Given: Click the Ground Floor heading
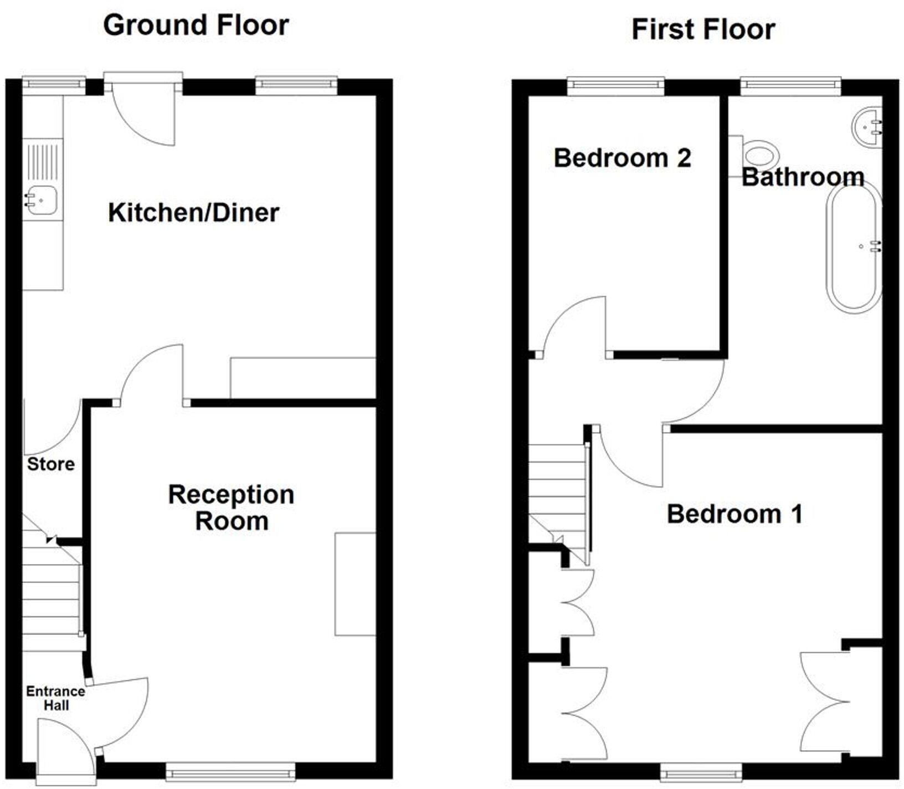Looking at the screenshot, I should click(x=196, y=25).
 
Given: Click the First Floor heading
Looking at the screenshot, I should click(x=703, y=29).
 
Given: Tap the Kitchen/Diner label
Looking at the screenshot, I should click(x=193, y=213).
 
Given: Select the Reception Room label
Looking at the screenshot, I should click(x=231, y=508).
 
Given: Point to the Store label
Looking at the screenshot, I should click(x=51, y=464).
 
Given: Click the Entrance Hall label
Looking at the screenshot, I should click(x=55, y=698).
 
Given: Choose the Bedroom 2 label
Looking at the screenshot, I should click(x=623, y=158).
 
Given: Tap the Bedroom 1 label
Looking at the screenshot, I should click(x=734, y=514).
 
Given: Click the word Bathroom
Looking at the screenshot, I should click(x=803, y=177).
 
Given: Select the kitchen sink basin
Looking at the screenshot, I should click(x=42, y=200).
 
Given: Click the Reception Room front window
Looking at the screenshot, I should click(x=230, y=772).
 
